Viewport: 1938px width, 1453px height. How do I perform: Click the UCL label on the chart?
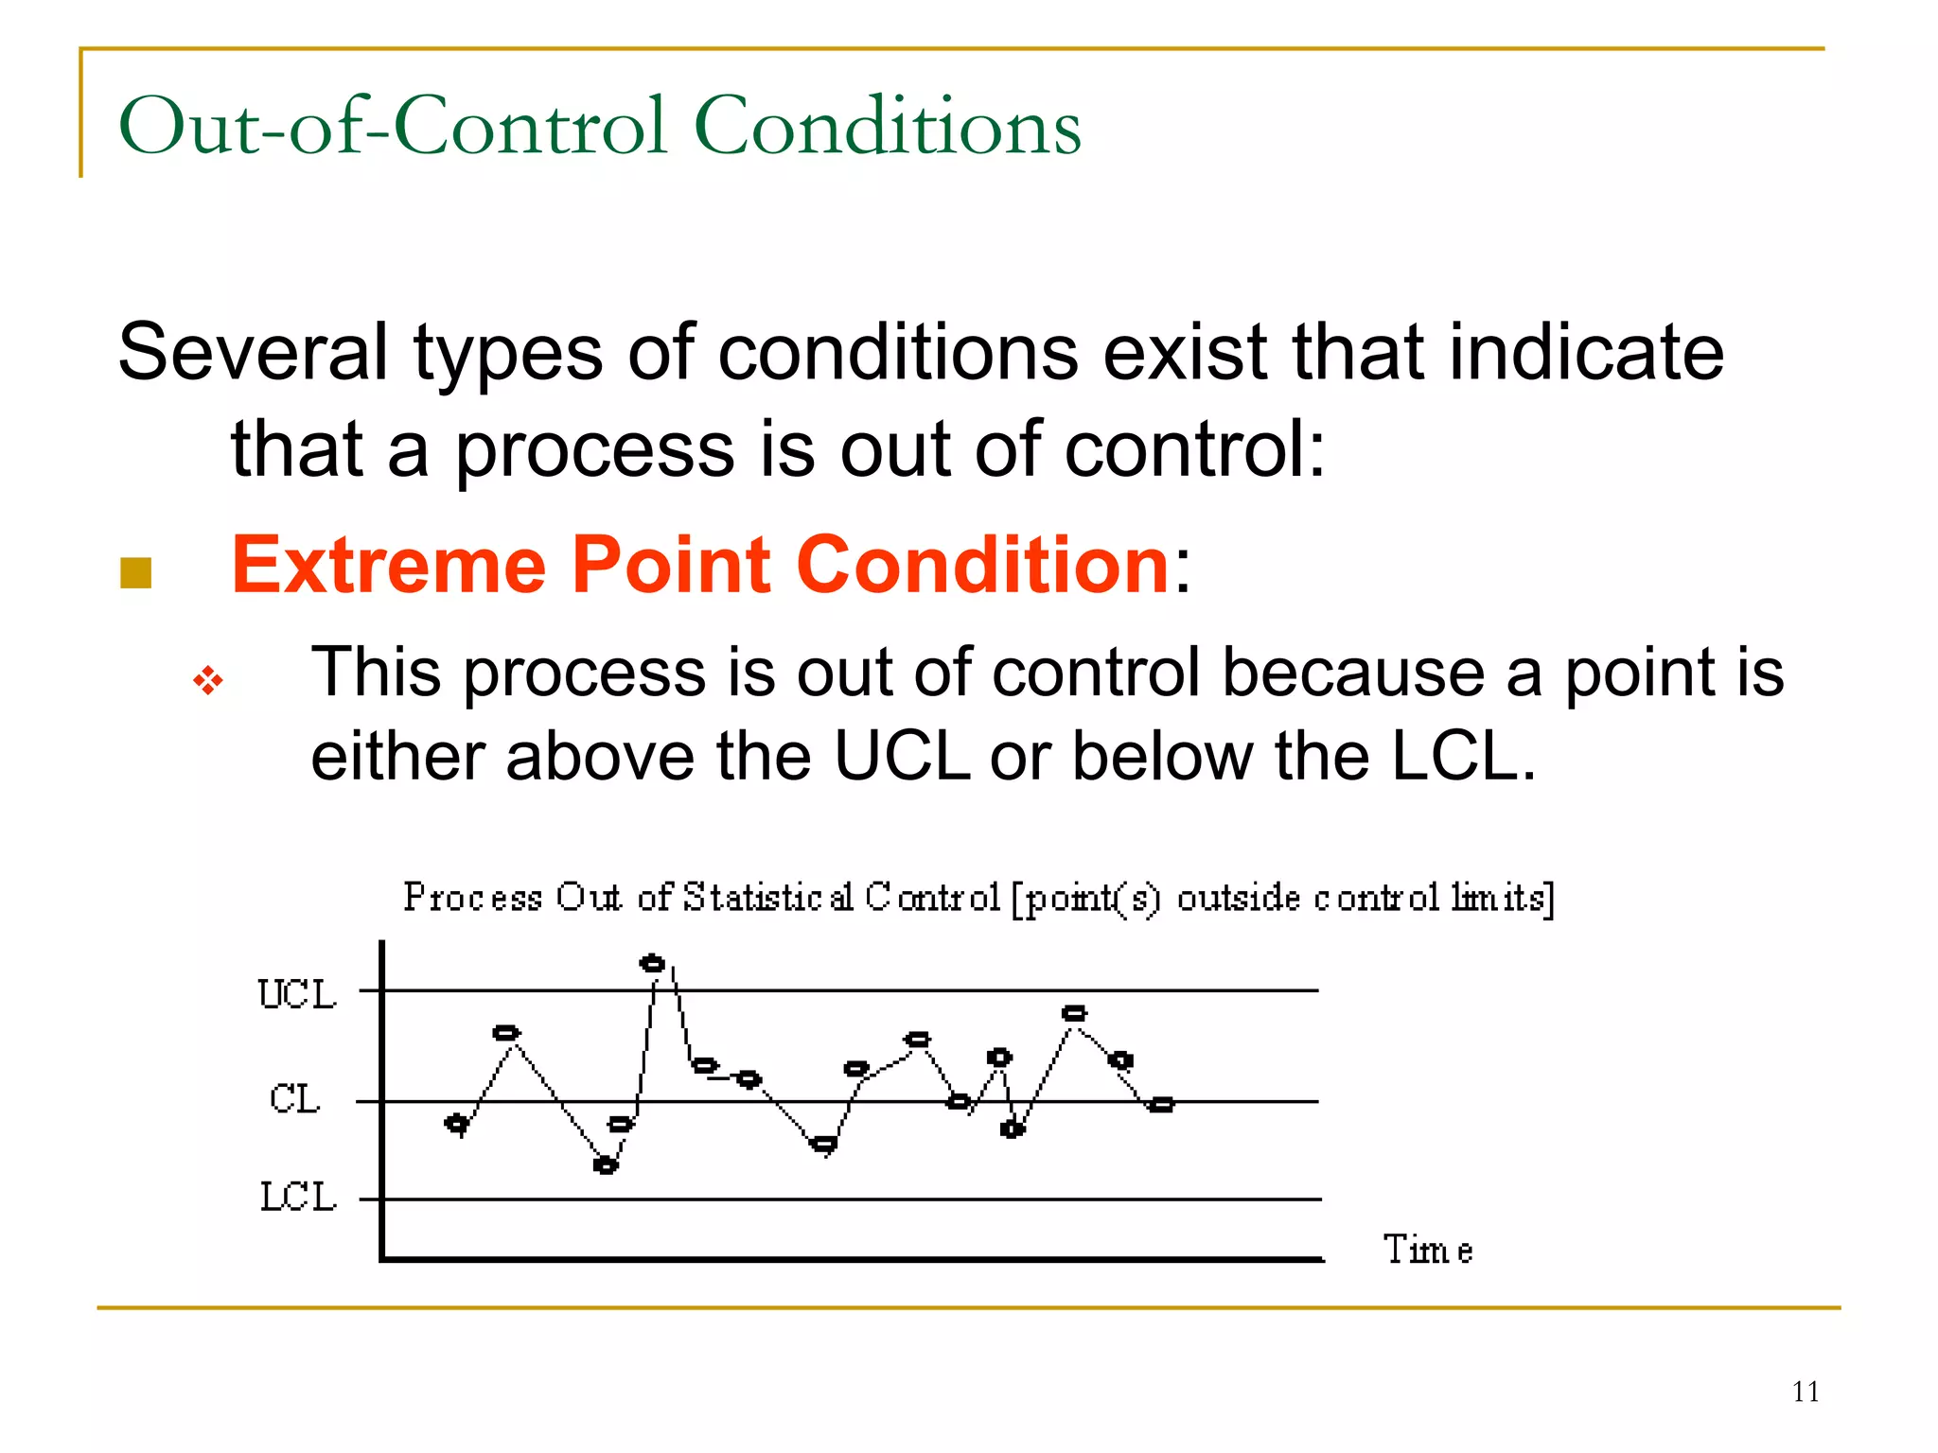296,994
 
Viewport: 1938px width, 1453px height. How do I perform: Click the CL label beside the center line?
294,1099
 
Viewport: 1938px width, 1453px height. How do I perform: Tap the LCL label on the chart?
298,1198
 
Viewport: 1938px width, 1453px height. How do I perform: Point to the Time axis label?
1427,1251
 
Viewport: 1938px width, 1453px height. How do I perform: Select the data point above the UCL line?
652,964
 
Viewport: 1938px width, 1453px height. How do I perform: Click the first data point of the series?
457,1124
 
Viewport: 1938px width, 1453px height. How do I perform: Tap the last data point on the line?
1161,1104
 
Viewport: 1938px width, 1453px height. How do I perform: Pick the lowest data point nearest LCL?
606,1165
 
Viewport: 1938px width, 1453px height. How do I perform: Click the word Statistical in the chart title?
767,897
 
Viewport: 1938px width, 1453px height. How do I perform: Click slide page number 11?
1805,1392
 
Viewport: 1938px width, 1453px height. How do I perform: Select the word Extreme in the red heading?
389,565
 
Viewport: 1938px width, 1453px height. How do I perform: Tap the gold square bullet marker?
136,572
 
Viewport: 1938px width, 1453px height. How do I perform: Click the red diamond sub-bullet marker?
208,680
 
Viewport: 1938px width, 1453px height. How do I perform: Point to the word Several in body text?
253,352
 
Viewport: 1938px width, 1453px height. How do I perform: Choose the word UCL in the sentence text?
901,757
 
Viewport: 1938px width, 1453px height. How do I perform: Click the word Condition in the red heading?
982,565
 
